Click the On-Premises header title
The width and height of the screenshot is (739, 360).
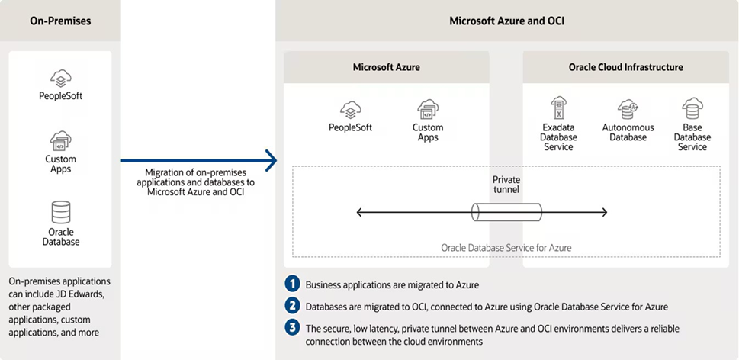[60, 21]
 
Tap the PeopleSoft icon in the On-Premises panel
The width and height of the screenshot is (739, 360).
[61, 79]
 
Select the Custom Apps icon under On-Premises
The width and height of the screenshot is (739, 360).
[61, 141]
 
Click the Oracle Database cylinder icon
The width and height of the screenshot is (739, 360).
[61, 212]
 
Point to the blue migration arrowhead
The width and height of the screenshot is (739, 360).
[271, 161]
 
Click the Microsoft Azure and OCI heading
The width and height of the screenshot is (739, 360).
[506, 21]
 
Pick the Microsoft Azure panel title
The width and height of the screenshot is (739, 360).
[387, 67]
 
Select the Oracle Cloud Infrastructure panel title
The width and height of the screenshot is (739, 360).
[626, 67]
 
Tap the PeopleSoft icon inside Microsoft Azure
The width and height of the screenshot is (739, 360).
[351, 111]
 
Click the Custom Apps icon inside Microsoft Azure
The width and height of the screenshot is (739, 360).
[428, 110]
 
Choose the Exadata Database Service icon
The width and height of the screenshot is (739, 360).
[558, 108]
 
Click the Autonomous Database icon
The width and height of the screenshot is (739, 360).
[628, 109]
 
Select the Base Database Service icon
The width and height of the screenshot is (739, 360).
[692, 108]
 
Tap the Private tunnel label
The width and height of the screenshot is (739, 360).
[506, 185]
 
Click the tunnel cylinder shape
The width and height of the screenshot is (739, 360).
[506, 212]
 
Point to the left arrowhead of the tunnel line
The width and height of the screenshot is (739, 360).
[359, 213]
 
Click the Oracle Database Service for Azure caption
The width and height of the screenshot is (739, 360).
[506, 247]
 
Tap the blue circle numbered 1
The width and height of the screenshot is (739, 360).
[292, 284]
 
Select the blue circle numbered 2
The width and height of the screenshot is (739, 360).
[292, 306]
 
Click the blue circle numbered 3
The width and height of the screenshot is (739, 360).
[292, 328]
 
